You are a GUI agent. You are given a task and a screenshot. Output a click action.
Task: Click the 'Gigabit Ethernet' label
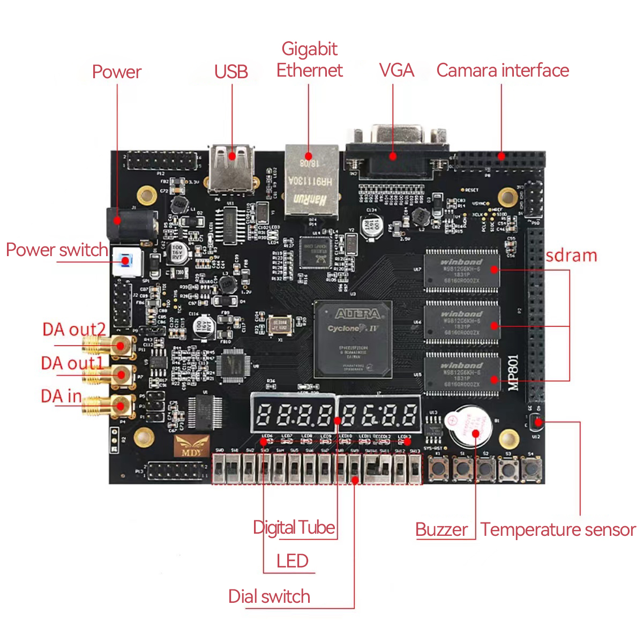coord(309,59)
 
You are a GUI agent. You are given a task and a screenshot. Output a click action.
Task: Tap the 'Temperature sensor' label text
coord(558,529)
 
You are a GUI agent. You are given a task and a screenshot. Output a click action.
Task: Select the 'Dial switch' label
coord(269,596)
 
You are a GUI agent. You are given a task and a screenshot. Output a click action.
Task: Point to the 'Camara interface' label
coord(502,70)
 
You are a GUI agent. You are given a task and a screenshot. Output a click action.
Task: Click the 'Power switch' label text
coord(57,250)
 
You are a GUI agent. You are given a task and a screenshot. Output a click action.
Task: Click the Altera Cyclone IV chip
coord(353,339)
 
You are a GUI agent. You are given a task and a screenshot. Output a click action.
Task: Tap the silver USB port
coord(231,167)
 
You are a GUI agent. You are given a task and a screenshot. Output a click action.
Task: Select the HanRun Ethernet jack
coord(311,180)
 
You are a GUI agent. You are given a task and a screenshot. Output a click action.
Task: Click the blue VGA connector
coord(397,153)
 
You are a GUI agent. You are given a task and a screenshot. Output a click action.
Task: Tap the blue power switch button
coord(126,261)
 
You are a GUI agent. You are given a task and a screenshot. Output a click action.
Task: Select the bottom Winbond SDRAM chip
coord(461,373)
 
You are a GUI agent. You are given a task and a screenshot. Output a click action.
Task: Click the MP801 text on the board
coord(513,373)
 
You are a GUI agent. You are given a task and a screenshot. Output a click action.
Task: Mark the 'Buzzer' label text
coord(442,529)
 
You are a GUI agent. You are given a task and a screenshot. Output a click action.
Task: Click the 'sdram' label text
coord(571,256)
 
